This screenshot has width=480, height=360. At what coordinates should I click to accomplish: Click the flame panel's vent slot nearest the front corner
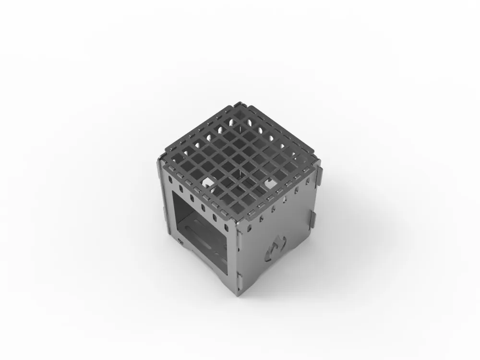pos(249,227)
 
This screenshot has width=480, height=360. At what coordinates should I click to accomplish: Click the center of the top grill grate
pos(240,158)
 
